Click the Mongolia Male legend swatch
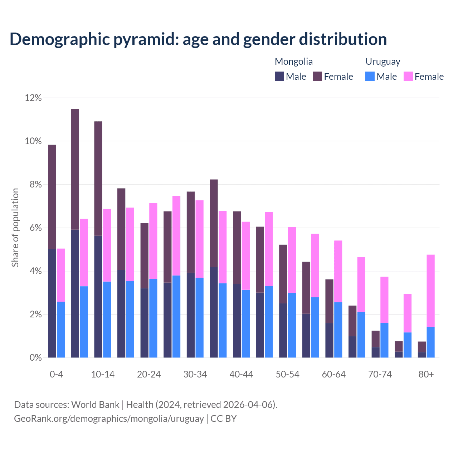pyautogui.click(x=279, y=77)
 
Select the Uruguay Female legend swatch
pyautogui.click(x=408, y=77)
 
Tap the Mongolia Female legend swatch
pyautogui.click(x=317, y=77)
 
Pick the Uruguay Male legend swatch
pyautogui.click(x=370, y=77)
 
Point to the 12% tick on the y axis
pyautogui.click(x=33, y=98)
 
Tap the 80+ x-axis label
pyautogui.click(x=426, y=374)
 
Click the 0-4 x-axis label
pyautogui.click(x=57, y=374)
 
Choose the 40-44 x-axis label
pyautogui.click(x=241, y=374)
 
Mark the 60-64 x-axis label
pyautogui.click(x=334, y=374)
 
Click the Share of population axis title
pyautogui.click(x=15, y=228)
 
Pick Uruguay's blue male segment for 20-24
pyautogui.click(x=153, y=318)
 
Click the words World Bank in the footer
pyautogui.click(x=95, y=405)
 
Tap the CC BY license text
pyautogui.click(x=224, y=419)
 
